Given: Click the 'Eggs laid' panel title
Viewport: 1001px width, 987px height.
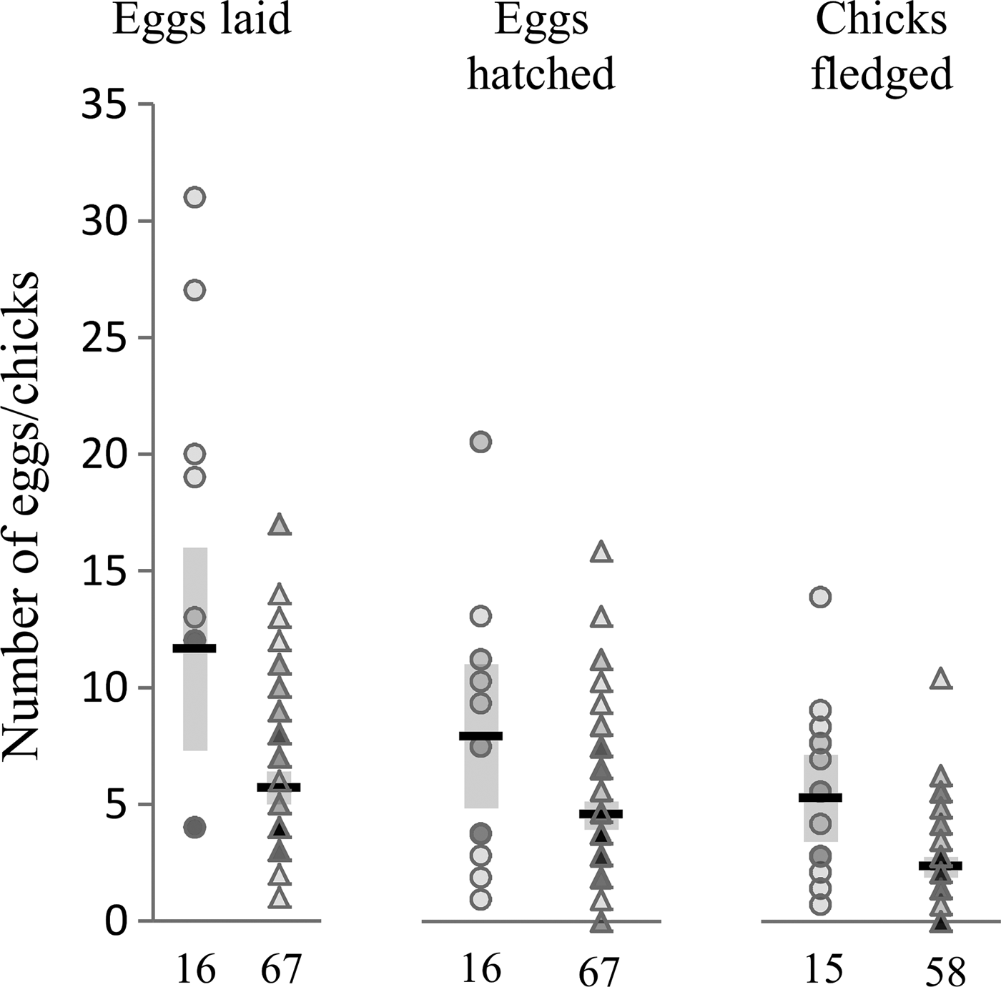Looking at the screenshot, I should pyautogui.click(x=202, y=20).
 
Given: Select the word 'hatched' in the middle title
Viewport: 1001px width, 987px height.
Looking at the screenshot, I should pyautogui.click(x=541, y=73).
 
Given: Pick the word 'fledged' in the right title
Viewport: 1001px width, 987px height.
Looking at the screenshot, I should pyautogui.click(x=882, y=73).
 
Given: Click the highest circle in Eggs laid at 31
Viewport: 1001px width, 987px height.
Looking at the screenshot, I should pyautogui.click(x=195, y=197).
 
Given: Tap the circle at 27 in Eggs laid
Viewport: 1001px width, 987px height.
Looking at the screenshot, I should pyautogui.click(x=195, y=290).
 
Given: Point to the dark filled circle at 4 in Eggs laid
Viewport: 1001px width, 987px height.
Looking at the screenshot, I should pyautogui.click(x=194, y=828).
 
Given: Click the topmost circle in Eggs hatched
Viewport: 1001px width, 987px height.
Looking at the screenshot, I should pyautogui.click(x=480, y=442).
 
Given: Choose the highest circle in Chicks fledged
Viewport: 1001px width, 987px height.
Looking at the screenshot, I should pyautogui.click(x=820, y=597).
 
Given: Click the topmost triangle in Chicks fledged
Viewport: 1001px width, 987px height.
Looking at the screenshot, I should pyautogui.click(x=942, y=679).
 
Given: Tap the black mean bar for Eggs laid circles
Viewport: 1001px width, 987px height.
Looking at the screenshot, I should pyautogui.click(x=194, y=648).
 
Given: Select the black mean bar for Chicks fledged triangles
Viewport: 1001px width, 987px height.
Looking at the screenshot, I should pyautogui.click(x=941, y=866).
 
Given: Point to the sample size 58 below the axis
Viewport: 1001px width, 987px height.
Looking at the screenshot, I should pyautogui.click(x=945, y=971).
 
